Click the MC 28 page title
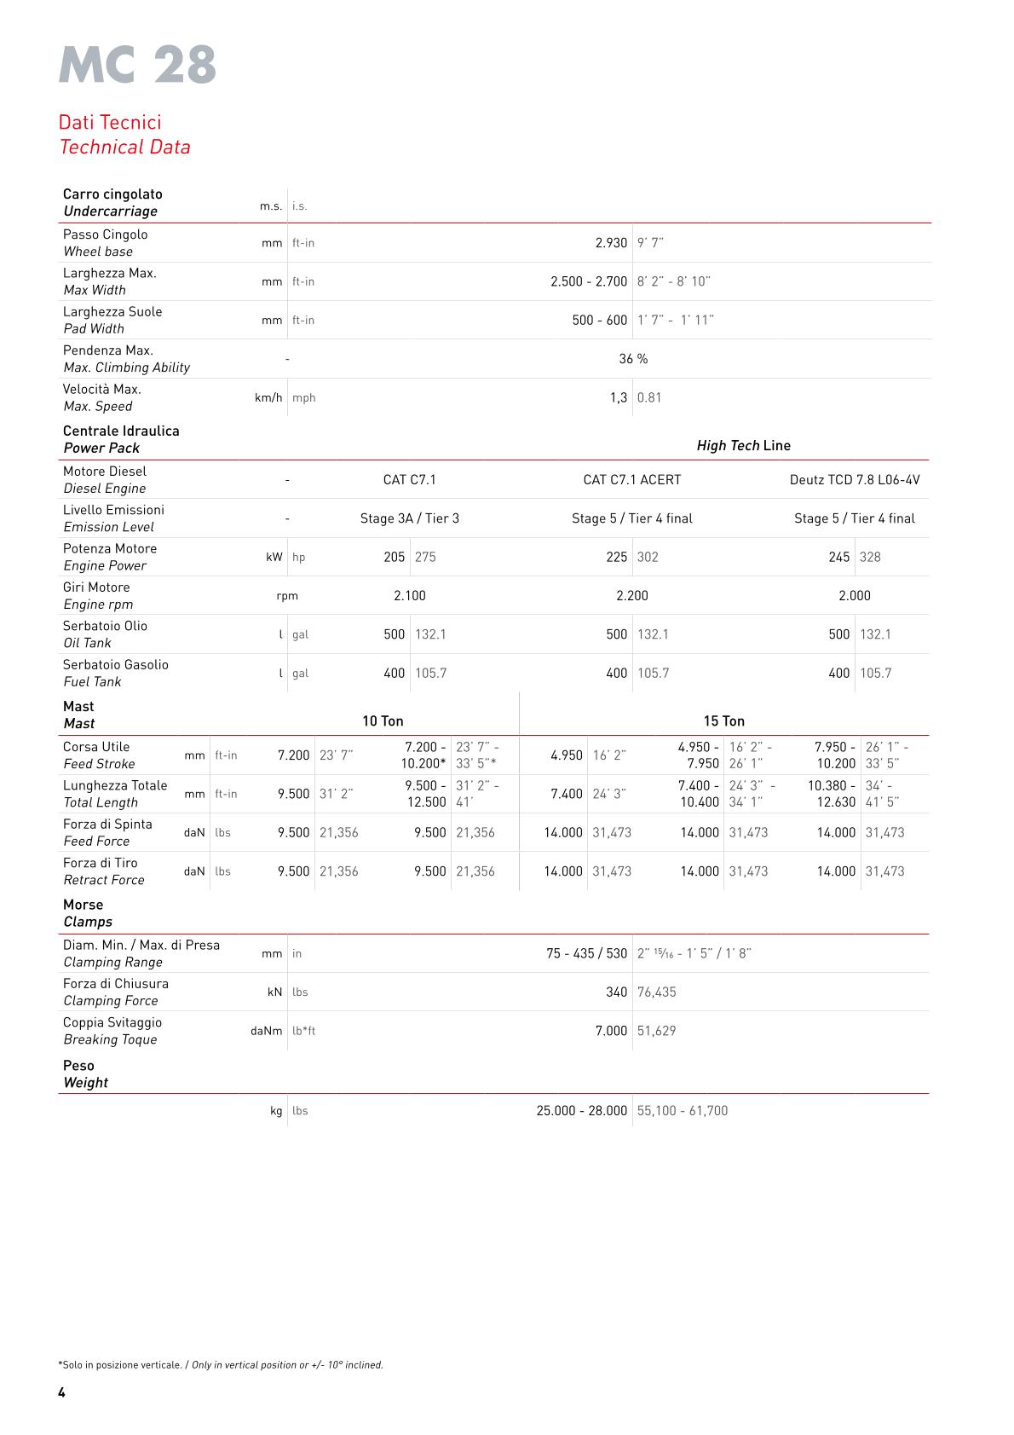tap(137, 65)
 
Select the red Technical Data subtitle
tap(124, 147)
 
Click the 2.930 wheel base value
tap(611, 243)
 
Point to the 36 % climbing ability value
tap(633, 359)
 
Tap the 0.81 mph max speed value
tap(649, 397)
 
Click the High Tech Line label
tap(743, 445)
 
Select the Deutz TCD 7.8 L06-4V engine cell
tap(855, 479)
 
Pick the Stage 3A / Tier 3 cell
tap(409, 518)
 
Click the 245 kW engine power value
tap(838, 557)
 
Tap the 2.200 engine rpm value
tap(632, 596)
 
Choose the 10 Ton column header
tap(383, 721)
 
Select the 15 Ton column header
tap(723, 721)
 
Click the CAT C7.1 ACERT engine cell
tap(632, 479)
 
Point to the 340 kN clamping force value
tap(616, 992)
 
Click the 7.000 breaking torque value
tap(611, 1031)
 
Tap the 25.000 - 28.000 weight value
tap(582, 1110)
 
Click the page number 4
tap(61, 1392)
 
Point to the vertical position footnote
tap(221, 1364)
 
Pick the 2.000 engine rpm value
tap(855, 596)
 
